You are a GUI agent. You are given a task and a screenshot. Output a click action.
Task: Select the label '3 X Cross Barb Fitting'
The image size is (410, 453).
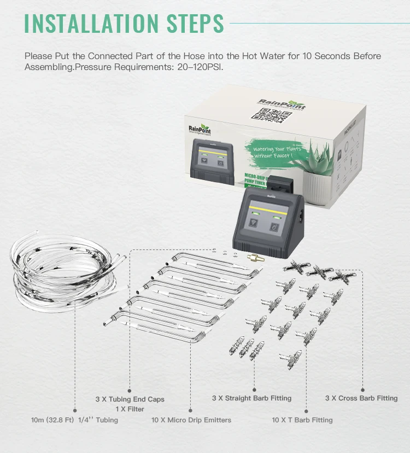[x=361, y=398]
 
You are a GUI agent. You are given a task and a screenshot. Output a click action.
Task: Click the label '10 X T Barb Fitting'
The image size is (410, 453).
[x=302, y=420]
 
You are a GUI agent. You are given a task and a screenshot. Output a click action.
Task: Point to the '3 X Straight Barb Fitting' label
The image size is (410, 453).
[x=251, y=398]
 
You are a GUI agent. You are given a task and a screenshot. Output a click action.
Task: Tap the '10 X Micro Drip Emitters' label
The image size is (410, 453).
[x=191, y=420]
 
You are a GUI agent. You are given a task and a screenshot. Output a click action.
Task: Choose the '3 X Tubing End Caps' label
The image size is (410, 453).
[x=130, y=399]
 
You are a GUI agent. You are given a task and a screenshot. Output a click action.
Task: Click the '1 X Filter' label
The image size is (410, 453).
[x=130, y=409]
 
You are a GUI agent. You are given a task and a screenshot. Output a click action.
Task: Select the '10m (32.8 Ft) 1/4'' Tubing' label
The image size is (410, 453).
[x=74, y=420]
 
